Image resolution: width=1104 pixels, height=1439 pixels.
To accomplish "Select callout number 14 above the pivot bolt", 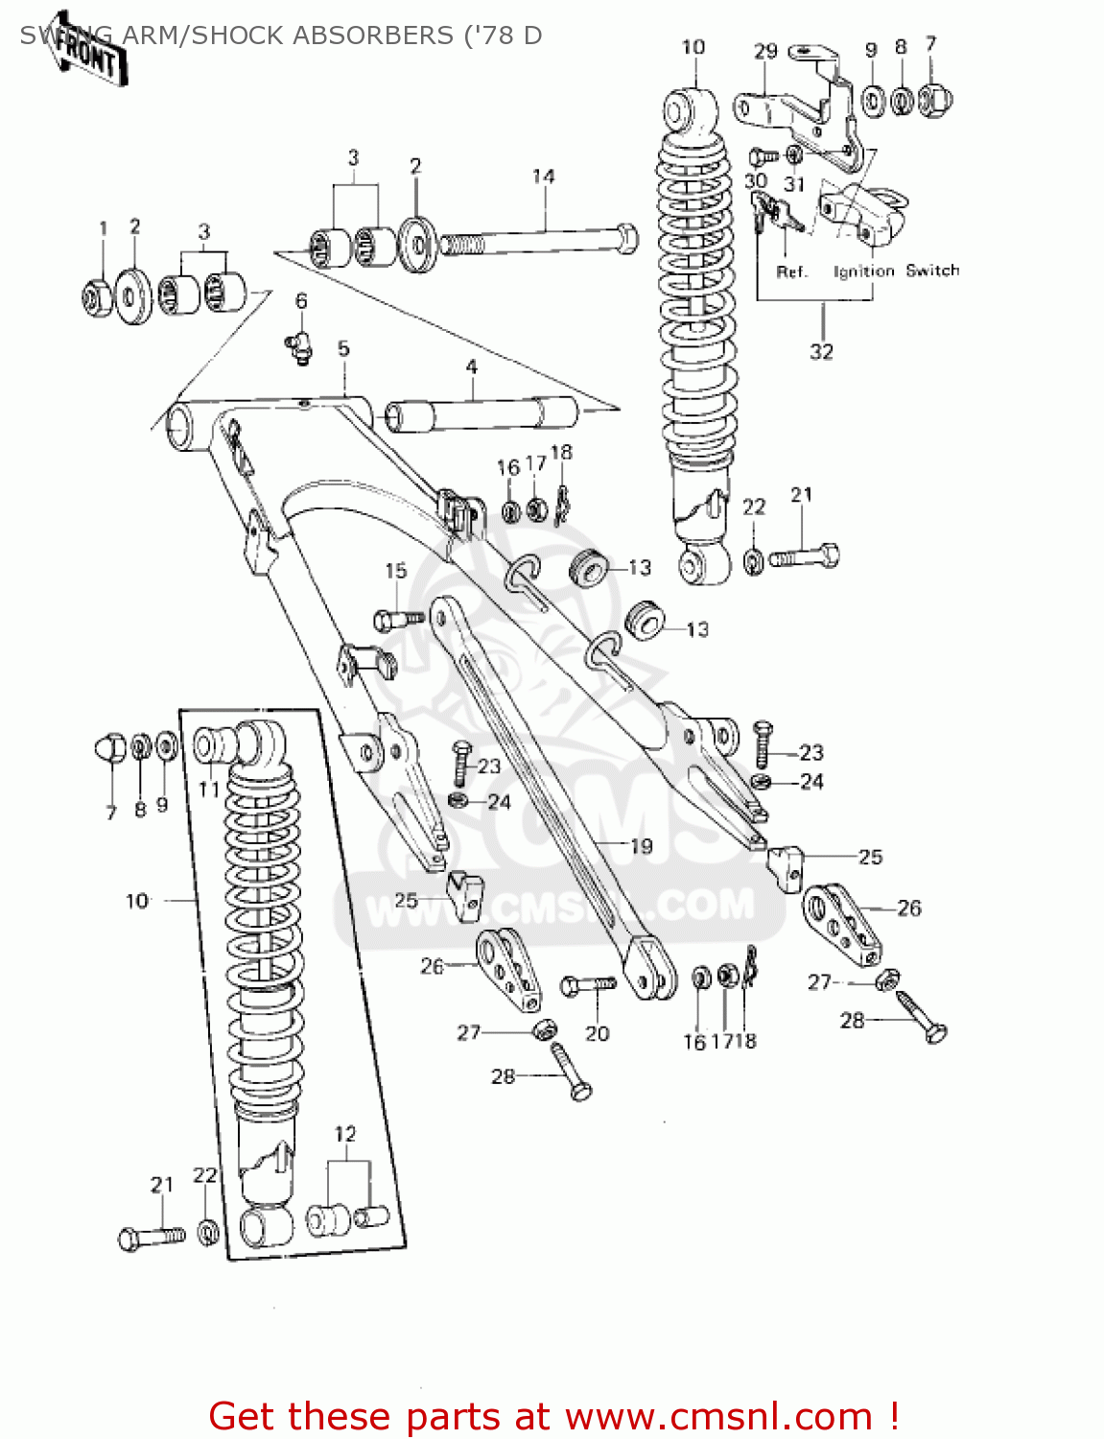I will (543, 177).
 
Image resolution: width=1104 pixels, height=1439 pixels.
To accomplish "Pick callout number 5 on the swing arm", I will (343, 349).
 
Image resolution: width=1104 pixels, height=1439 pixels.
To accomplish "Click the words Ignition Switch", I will (896, 271).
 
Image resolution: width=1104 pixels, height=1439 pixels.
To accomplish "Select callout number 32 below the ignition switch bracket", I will (821, 352).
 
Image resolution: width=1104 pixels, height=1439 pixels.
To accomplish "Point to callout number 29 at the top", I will (764, 52).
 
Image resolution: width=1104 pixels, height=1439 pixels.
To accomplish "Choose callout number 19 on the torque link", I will (641, 846).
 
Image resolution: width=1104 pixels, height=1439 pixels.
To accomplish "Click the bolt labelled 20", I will (587, 985).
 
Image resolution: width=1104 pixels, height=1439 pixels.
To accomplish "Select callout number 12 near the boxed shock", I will (345, 1134).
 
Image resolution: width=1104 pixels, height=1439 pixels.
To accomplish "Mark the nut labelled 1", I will (98, 298).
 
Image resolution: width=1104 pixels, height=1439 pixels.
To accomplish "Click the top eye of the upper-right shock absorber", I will (689, 110).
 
